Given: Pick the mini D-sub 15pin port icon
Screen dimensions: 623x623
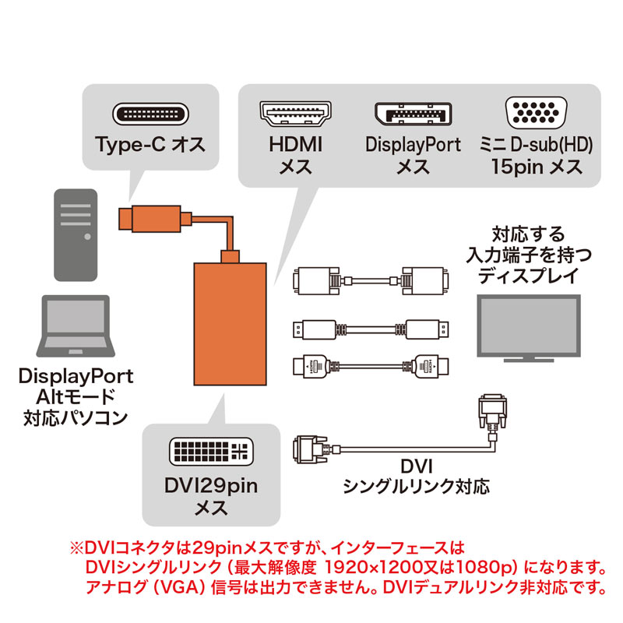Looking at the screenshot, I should [537, 114].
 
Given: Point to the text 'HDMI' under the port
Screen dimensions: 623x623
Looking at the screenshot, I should [295, 145].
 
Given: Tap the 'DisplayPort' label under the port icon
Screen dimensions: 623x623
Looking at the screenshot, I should [413, 145].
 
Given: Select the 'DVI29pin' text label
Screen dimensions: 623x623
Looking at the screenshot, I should [210, 488].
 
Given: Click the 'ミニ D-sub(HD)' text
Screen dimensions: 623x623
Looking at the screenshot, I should [536, 145].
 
